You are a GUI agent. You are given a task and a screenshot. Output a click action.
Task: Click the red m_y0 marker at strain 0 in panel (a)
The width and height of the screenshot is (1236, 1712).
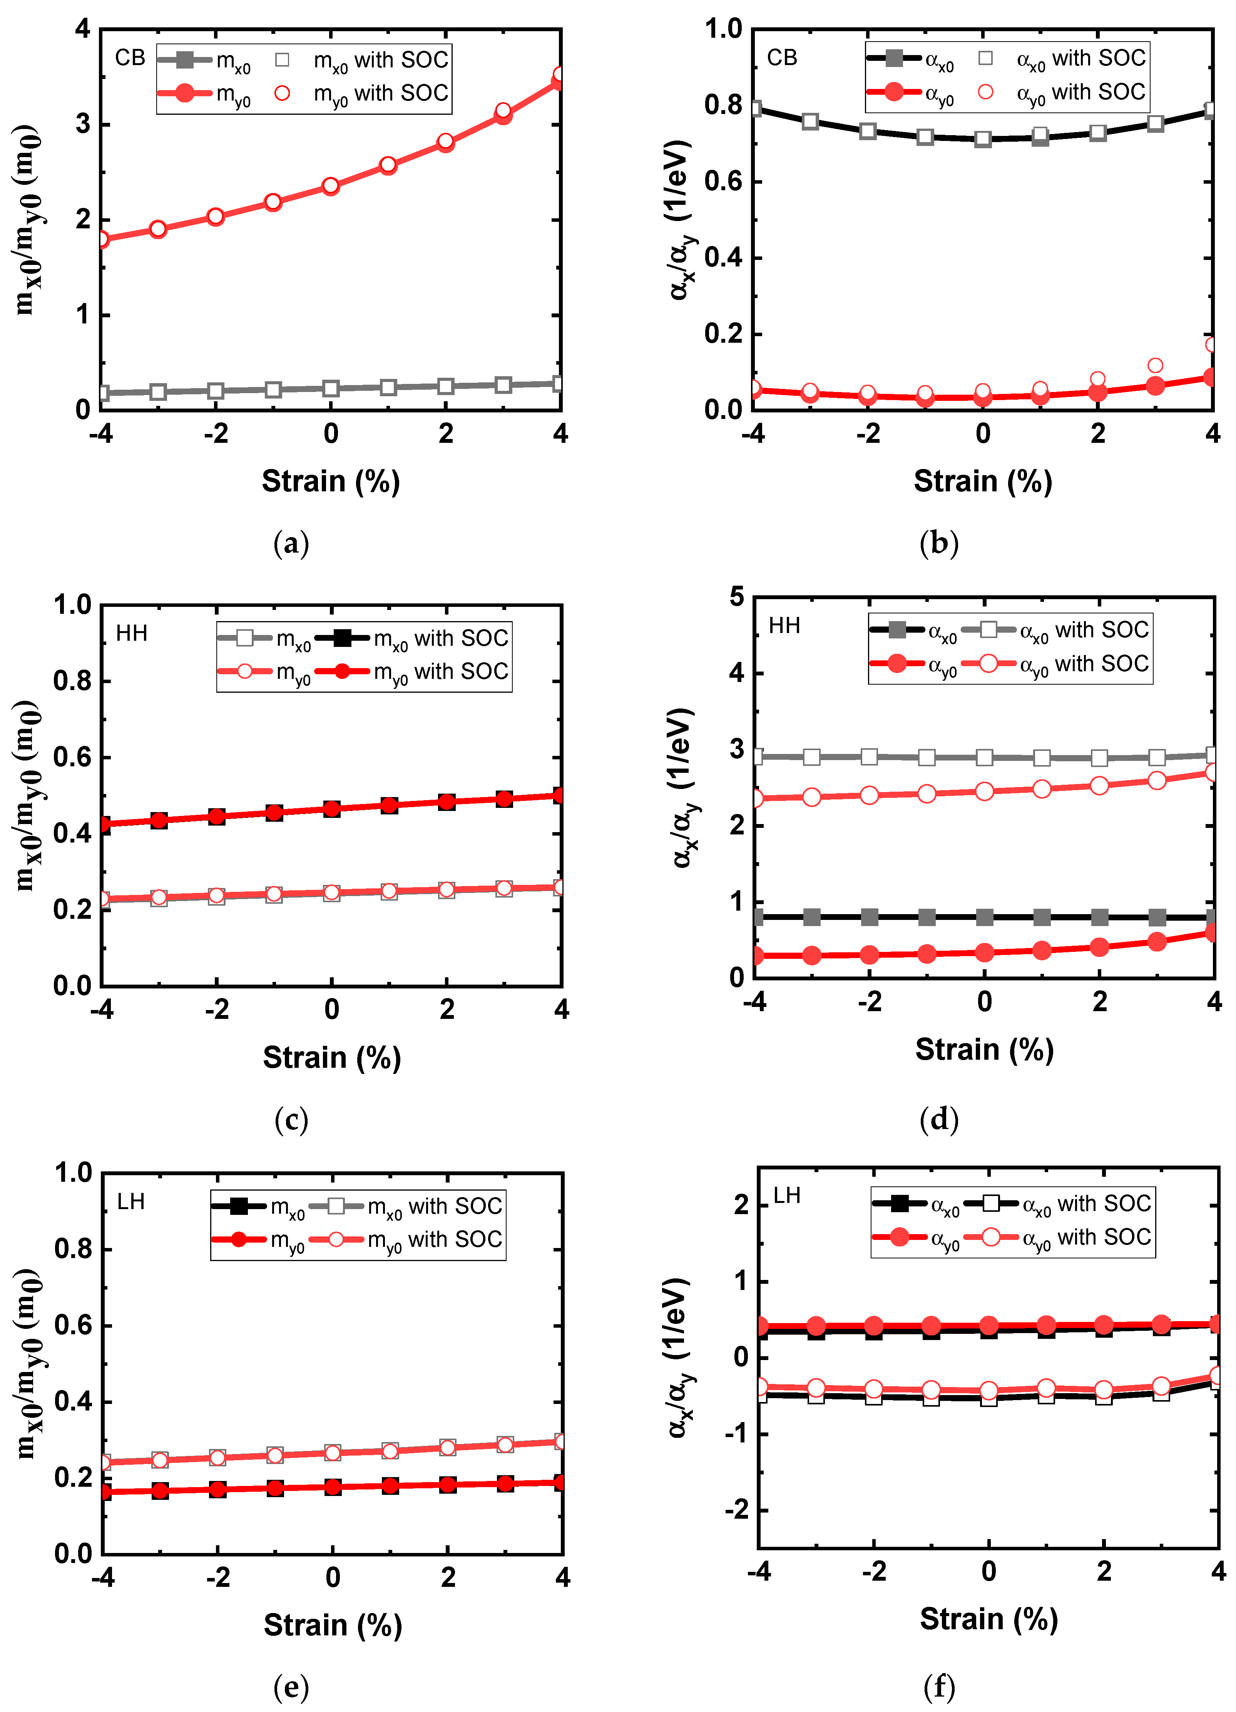click(331, 186)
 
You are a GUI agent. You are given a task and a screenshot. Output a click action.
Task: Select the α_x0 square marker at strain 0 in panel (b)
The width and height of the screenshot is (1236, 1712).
click(982, 139)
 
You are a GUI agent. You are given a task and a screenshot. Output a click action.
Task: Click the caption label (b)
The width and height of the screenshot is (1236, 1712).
click(939, 543)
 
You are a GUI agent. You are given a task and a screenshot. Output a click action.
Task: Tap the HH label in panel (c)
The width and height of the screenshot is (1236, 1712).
click(131, 633)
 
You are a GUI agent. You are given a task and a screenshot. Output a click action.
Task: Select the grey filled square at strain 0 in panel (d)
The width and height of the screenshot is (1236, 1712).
click(984, 917)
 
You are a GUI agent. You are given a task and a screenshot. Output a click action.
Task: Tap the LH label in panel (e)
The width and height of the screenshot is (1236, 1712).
click(130, 1202)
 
